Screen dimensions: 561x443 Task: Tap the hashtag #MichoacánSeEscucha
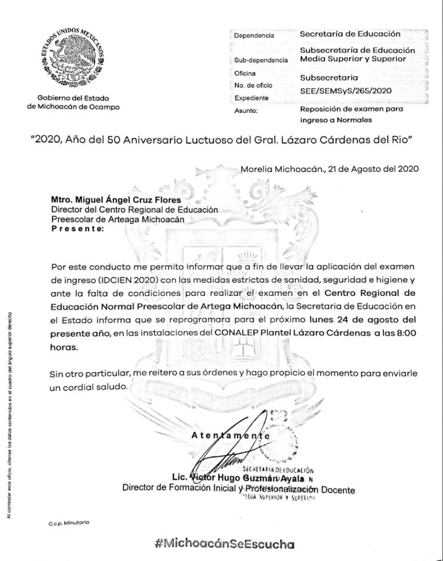(x=224, y=544)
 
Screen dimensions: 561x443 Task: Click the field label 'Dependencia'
(x=254, y=35)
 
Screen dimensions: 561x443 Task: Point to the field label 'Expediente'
(x=252, y=97)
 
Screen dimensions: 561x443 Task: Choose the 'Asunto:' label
(x=246, y=110)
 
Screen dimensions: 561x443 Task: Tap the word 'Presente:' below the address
(x=77, y=227)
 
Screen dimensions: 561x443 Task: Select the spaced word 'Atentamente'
(x=231, y=435)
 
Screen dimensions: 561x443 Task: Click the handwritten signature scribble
(x=230, y=455)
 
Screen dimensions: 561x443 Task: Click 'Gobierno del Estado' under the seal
(x=73, y=98)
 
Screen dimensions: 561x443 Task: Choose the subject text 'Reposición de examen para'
(x=351, y=109)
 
